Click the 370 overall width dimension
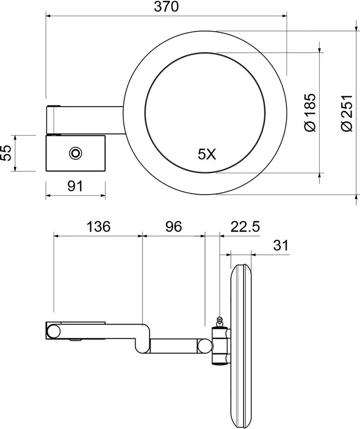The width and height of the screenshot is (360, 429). [x=166, y=6]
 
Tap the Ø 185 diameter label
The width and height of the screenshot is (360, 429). [x=310, y=113]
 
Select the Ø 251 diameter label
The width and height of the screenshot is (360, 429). [x=347, y=113]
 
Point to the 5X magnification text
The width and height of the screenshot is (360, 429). [x=207, y=154]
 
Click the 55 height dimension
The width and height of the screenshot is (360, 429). [x=6, y=153]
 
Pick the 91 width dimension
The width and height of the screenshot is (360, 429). [x=75, y=186]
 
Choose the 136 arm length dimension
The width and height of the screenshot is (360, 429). [x=99, y=227]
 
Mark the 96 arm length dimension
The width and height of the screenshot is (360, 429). [x=174, y=227]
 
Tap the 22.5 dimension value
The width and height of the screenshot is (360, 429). [x=245, y=227]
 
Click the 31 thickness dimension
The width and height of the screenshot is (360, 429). [x=281, y=246]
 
